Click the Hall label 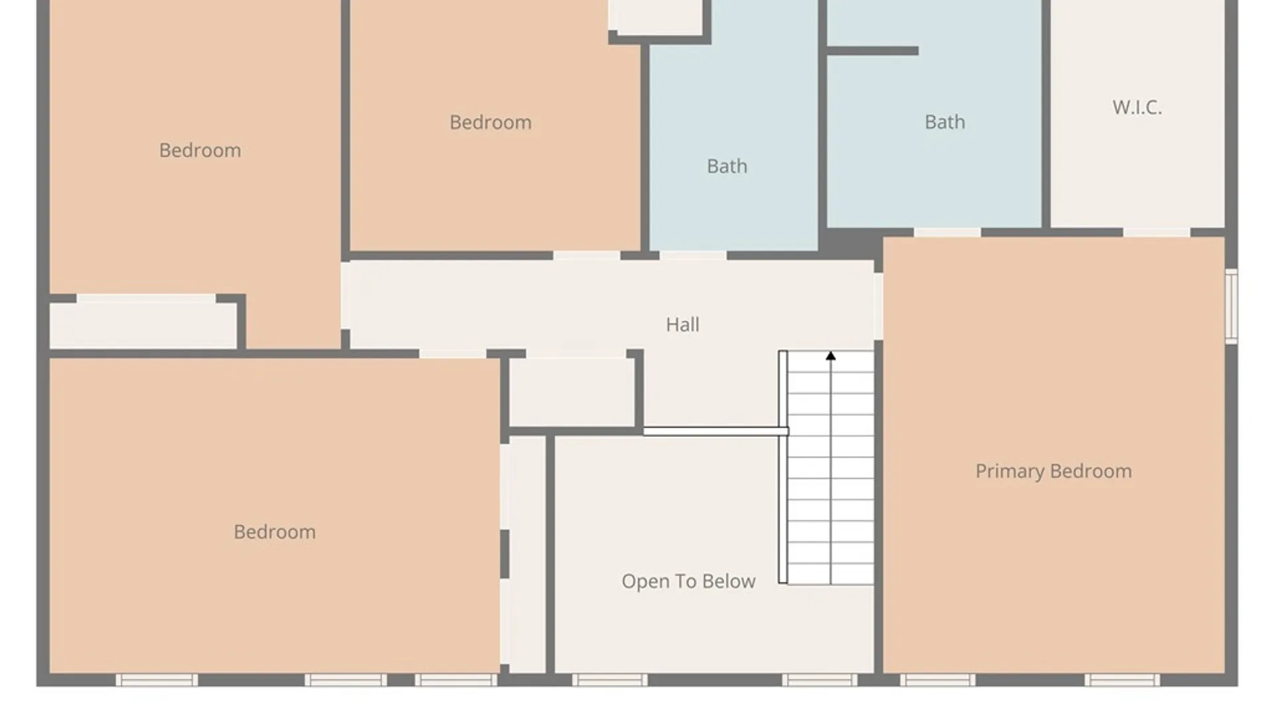coord(682,325)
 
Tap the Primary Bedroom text coord(1054,471)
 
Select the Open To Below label coord(688,581)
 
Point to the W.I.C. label coord(1137,107)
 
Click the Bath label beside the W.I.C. coord(945,122)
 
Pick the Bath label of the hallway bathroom coord(727,166)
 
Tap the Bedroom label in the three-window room coord(274,532)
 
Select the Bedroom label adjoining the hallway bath coord(491,123)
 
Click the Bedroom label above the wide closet coord(200,150)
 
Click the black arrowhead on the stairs coord(831,356)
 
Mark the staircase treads coord(831,468)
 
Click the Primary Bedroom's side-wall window coord(1231,306)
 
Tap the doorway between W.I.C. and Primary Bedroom coord(1157,233)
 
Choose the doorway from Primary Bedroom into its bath coord(947,233)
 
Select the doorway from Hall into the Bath coord(694,256)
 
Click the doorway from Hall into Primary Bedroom coord(879,306)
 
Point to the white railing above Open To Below coord(716,432)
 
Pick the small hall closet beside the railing coord(572,392)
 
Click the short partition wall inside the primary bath coord(873,51)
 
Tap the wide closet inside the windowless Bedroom coord(143,325)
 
